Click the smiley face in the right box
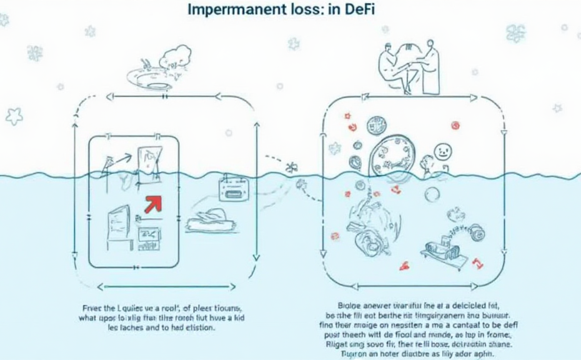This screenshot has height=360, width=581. pos(442,151)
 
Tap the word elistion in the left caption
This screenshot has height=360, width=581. pos(199,328)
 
